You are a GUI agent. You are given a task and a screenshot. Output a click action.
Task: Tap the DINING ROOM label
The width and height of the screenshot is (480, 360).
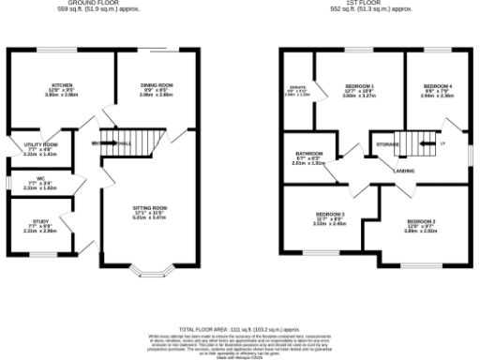tap(157, 84)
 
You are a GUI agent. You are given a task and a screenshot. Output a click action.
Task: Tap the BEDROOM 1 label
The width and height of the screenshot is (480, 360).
tap(357, 85)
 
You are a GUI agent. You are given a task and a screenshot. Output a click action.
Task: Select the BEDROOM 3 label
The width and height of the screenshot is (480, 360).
tap(330, 214)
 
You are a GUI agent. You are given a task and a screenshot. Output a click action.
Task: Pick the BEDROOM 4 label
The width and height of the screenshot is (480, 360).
tap(437, 85)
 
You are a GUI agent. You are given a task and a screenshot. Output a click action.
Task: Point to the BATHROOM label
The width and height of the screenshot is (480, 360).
tap(308, 153)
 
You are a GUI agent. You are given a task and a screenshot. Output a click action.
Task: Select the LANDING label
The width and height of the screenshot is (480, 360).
tap(405, 172)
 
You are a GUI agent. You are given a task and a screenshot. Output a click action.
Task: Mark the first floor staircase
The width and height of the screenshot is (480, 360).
tap(412, 142)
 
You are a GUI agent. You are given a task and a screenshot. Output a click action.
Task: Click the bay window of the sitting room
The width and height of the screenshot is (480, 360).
tap(150, 275)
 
